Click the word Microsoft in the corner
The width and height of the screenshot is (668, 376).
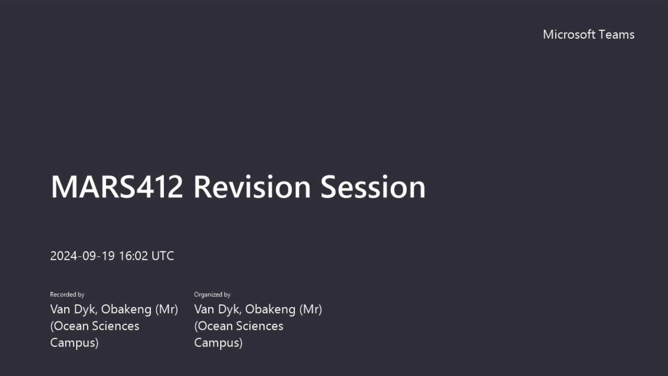click(569, 34)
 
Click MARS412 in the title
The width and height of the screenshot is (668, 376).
click(117, 187)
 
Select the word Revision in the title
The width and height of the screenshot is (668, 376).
click(252, 187)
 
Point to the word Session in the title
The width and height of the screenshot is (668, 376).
click(373, 187)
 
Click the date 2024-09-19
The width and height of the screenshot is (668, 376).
click(82, 256)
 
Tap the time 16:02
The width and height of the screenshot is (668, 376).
click(134, 256)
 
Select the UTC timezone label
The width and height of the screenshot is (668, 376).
click(163, 256)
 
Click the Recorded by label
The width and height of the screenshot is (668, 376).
click(67, 295)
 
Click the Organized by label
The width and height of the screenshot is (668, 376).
click(212, 295)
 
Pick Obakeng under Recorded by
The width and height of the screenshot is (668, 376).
click(126, 309)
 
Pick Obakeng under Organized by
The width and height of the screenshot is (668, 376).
click(270, 309)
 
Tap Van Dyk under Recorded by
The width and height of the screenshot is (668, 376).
click(74, 309)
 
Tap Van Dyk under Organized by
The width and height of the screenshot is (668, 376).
click(218, 309)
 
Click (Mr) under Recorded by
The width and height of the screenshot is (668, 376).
click(167, 309)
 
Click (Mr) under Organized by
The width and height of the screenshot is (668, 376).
click(311, 309)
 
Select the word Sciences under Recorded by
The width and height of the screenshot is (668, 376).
click(116, 326)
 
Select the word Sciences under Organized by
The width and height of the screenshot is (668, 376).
click(260, 326)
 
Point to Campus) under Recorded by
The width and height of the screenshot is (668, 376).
click(74, 343)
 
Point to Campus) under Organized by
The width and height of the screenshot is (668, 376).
click(218, 343)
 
